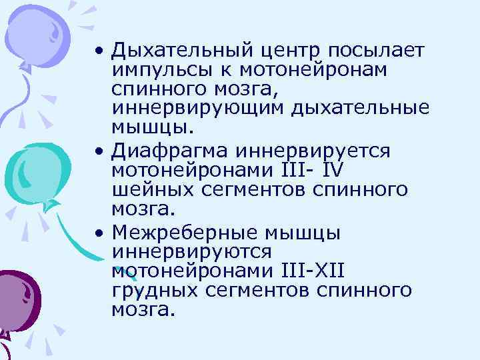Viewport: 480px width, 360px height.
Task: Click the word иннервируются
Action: pyautogui.click(x=192, y=252)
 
